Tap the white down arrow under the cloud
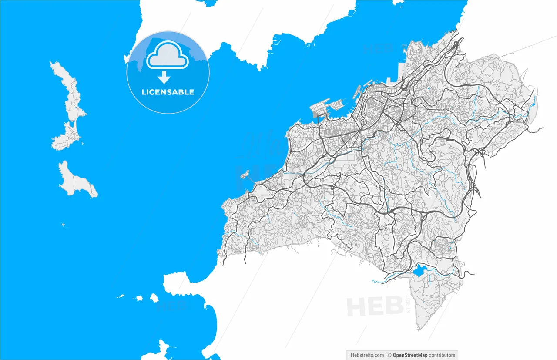pyautogui.click(x=164, y=77)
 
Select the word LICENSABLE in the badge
pyautogui.click(x=168, y=92)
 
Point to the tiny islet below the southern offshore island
pyautogui.click(x=64, y=225)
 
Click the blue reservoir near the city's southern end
pyautogui.click(x=420, y=271)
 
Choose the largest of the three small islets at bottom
pyautogui.click(x=154, y=298)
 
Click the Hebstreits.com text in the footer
pyautogui.click(x=367, y=355)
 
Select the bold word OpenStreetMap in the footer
pyautogui.click(x=410, y=355)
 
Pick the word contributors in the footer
pyautogui.click(x=442, y=355)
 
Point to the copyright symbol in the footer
pyautogui.click(x=390, y=355)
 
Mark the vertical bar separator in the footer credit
pyautogui.click(x=386, y=355)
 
